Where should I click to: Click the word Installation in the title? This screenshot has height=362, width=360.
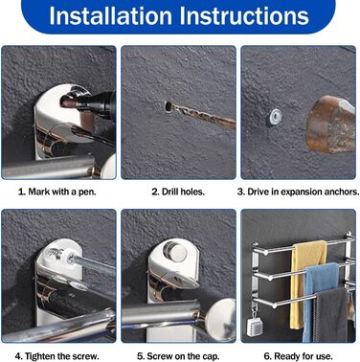coord(110,15)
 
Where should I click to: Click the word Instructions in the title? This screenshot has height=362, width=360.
coord(244,15)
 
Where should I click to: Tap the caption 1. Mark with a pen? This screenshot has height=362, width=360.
coord(57,192)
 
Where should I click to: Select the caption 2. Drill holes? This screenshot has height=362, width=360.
coord(178,192)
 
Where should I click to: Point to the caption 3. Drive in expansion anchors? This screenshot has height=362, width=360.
coord(298,192)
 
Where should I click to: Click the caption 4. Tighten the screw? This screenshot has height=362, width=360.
coord(57,356)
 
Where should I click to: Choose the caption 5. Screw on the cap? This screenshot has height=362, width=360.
coord(178,356)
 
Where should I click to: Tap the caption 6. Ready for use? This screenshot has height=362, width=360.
coord(298,356)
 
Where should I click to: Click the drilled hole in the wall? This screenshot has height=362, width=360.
coord(168,106)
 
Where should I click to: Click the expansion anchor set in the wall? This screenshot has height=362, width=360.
coord(275,116)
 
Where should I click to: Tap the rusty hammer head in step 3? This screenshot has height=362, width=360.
coord(330,124)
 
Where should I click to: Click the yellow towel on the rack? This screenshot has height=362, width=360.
coord(306,281)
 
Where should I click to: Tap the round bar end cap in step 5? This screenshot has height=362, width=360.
coord(221,316)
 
